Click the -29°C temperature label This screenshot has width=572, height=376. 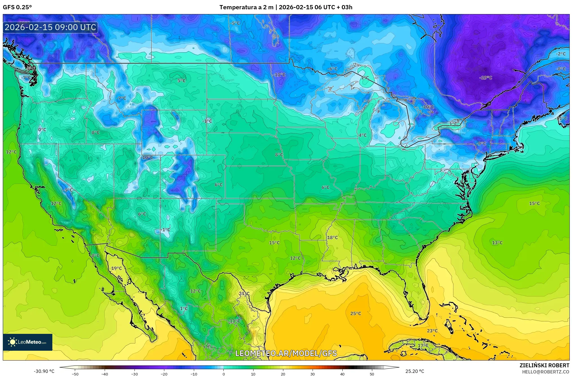click(486, 78)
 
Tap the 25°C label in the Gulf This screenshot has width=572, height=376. click(355, 313)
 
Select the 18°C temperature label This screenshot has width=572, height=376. click(332, 237)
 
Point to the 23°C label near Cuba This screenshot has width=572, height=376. click(432, 331)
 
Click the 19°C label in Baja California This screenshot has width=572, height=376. click(116, 268)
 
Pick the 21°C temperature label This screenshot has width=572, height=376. click(244, 294)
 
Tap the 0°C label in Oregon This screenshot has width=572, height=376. click(42, 130)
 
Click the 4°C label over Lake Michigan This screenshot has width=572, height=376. click(362, 135)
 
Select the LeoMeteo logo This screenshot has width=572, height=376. click(28, 342)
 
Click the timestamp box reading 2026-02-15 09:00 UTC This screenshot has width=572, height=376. click(50, 27)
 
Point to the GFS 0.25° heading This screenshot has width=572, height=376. click(17, 7)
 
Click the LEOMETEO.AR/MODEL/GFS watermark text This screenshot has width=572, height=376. click(286, 353)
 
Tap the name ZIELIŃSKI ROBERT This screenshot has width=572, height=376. click(544, 365)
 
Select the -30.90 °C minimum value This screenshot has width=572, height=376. click(44, 371)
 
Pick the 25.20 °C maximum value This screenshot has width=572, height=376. click(414, 371)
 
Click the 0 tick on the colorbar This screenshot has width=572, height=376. click(223, 374)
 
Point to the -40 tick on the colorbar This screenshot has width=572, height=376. click(104, 374)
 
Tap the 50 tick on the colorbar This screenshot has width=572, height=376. click(372, 374)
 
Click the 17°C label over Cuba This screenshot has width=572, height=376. click(423, 345)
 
